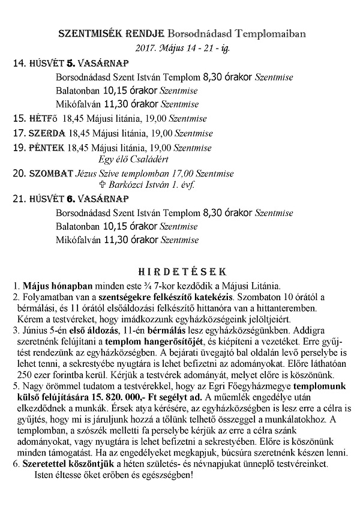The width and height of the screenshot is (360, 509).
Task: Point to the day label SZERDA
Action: point(47,133)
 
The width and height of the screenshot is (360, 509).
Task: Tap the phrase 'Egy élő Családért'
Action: point(133,160)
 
